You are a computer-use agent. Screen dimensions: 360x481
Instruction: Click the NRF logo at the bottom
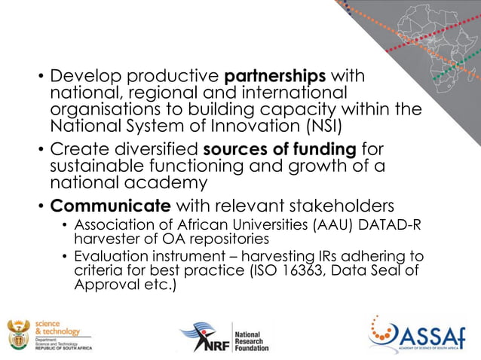223,337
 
